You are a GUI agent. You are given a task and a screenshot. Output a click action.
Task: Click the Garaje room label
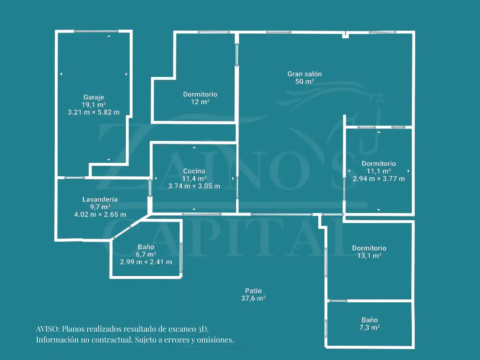94,97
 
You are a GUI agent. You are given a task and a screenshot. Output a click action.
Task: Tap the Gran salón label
305,74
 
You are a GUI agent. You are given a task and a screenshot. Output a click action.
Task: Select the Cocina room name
194,171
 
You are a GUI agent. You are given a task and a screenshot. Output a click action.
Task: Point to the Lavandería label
100,199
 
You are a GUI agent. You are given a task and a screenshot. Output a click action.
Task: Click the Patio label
253,291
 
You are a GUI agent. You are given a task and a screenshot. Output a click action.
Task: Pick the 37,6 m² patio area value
253,298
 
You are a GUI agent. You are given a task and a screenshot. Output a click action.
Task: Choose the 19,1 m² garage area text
94,105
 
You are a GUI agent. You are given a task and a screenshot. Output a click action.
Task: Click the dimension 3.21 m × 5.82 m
94,112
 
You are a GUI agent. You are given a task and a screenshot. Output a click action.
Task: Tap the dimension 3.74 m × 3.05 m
194,186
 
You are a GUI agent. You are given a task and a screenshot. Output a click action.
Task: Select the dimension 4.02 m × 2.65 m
100,214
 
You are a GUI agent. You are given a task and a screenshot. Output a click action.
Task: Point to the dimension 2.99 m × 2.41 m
146,262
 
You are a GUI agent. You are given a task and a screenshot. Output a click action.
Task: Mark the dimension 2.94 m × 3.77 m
379,179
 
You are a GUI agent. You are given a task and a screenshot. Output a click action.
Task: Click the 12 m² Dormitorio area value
200,102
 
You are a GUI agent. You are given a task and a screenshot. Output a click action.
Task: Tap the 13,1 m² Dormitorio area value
369,256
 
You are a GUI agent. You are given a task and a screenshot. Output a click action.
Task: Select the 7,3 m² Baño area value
369,327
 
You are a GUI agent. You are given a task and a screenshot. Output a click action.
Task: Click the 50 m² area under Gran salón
305,82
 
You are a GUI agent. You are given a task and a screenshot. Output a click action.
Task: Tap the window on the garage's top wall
96,31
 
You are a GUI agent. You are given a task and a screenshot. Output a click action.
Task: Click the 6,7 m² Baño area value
146,254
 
